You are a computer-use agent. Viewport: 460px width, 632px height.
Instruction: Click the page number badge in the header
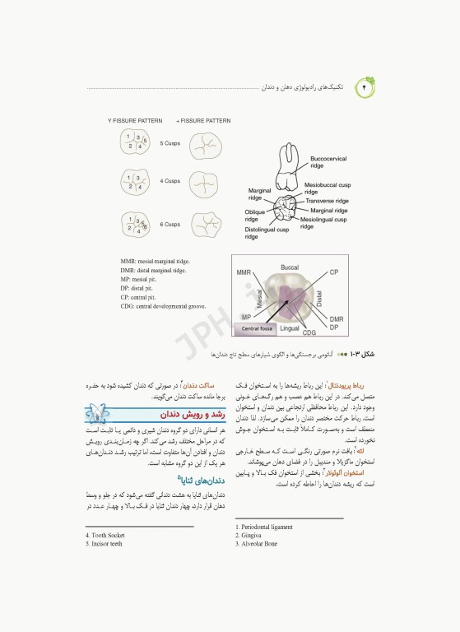367,86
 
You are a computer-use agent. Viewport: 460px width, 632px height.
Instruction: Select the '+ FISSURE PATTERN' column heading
203,120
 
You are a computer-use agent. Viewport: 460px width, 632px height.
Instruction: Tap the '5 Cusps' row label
170,143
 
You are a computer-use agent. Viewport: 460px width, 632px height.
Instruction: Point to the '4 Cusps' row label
170,181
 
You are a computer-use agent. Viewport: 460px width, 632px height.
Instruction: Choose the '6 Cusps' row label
170,225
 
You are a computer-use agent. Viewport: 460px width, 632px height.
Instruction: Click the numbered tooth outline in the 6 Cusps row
136,225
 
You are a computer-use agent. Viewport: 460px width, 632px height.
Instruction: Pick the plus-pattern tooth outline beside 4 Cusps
206,181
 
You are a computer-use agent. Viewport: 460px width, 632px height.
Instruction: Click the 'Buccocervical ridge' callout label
328,161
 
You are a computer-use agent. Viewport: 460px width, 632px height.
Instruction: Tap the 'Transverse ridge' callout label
327,201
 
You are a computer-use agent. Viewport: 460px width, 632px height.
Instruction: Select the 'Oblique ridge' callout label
257,216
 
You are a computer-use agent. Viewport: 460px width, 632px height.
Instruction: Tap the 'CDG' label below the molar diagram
309,332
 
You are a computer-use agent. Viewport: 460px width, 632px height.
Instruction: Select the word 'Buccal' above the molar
290,267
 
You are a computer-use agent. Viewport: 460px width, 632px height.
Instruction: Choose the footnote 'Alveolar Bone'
256,544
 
